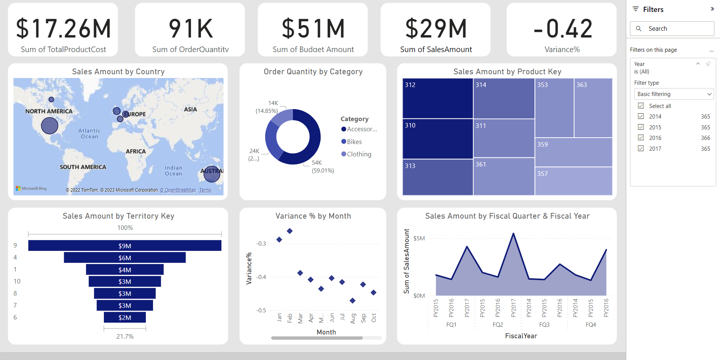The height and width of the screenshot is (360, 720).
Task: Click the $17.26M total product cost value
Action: (63, 29)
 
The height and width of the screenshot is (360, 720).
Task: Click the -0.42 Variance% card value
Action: (562, 29)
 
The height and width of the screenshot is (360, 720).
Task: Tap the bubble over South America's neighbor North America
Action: (49, 126)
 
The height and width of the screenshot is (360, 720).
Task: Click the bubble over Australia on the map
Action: (212, 174)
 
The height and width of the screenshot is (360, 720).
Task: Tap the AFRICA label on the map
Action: (136, 151)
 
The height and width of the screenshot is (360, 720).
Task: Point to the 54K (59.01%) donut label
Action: (322, 166)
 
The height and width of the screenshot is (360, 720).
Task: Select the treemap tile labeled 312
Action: (437, 98)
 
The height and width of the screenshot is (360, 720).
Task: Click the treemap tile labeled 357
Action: (573, 181)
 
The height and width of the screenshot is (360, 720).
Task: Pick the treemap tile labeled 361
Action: (504, 176)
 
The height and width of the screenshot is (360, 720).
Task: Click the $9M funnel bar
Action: (124, 246)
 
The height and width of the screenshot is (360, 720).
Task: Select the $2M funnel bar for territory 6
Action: (124, 318)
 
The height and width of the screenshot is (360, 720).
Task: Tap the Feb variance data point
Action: (289, 231)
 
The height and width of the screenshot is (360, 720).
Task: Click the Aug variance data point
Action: (352, 301)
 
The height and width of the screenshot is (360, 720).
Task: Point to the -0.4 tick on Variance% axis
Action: (261, 277)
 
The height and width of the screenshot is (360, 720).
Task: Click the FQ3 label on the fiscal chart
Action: (544, 325)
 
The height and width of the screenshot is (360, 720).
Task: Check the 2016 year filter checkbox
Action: (641, 138)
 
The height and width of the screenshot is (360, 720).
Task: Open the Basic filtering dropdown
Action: (673, 94)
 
